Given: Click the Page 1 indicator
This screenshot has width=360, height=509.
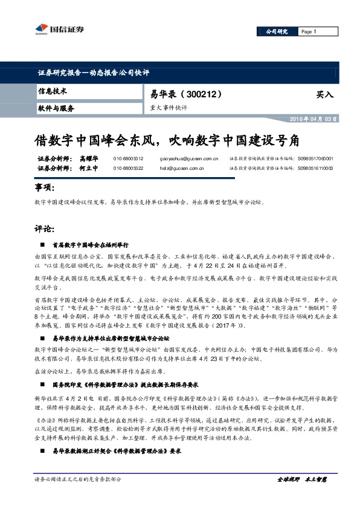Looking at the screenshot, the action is click(309, 31).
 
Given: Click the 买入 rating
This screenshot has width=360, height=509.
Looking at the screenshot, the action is click(324, 95).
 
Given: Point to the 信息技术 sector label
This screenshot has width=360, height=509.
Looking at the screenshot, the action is click(53, 91).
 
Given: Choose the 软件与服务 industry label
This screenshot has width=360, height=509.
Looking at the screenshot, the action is click(56, 108).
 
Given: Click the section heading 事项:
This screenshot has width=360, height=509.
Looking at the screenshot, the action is click(45, 189).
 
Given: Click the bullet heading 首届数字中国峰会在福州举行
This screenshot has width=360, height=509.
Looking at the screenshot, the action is click(92, 245).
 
